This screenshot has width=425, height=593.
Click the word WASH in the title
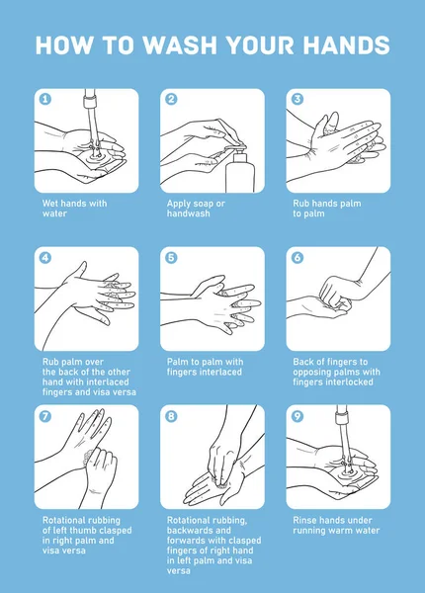(x=183, y=45)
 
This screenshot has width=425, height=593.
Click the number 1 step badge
(x=45, y=99)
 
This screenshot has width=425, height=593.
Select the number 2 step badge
(x=171, y=99)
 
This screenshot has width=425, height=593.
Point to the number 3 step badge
(x=297, y=99)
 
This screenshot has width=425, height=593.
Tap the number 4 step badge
(x=45, y=258)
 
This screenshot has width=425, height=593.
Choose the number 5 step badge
(x=171, y=258)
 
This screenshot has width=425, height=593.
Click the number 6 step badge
(x=297, y=258)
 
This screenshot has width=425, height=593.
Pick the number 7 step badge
(x=45, y=416)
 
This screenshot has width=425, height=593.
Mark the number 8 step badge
(x=171, y=416)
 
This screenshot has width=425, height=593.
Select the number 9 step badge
(x=297, y=416)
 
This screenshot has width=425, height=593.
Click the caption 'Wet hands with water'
(x=74, y=209)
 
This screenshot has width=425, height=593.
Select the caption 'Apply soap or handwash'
(x=196, y=209)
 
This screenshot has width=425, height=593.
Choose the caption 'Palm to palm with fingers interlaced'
(x=205, y=367)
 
